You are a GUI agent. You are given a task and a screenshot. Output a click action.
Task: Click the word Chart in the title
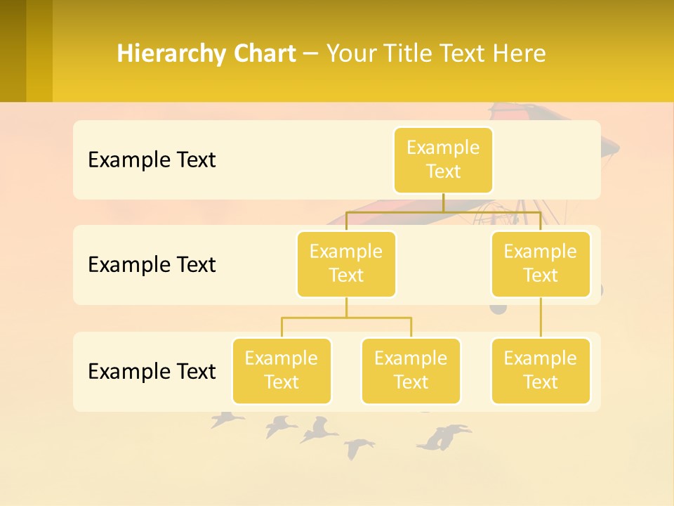[265, 53]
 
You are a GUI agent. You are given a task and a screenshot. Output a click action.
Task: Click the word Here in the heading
[517, 53]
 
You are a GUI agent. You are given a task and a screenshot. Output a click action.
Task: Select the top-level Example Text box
[443, 160]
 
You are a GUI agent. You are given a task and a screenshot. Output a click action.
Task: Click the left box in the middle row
[346, 264]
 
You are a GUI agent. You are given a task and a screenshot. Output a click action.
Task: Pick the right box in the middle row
[541, 264]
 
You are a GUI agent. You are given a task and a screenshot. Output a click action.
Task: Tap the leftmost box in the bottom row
[282, 370]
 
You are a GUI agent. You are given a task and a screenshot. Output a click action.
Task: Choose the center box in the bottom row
[411, 370]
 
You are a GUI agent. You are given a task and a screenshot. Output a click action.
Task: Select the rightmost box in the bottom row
[541, 370]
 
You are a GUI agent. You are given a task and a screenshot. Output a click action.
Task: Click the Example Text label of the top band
[152, 160]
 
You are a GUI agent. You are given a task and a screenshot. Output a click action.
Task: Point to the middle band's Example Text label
[152, 264]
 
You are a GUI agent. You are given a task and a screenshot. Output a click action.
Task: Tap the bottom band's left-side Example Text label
[152, 371]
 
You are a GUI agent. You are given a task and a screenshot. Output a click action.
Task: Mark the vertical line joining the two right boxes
[541, 318]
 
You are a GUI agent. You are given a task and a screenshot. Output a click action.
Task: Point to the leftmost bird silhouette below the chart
[226, 420]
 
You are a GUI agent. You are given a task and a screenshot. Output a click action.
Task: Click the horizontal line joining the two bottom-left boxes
[346, 318]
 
